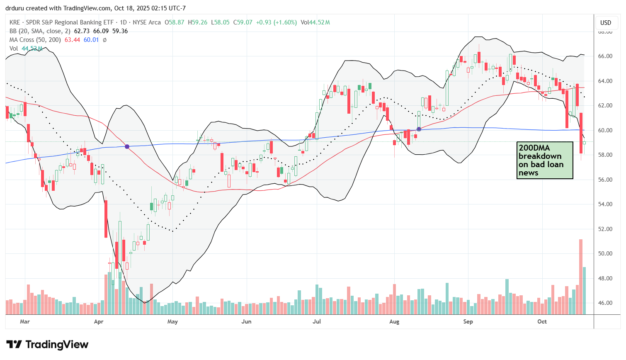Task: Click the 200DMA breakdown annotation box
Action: [x=545, y=161]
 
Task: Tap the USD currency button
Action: [x=606, y=22]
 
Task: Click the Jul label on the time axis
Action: [x=317, y=321]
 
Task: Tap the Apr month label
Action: [x=99, y=321]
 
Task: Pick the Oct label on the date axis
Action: [x=542, y=321]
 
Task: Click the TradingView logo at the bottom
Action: [x=47, y=345]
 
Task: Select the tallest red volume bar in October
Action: [x=581, y=277]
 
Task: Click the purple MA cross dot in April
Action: [x=127, y=147]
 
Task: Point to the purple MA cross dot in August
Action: [x=419, y=129]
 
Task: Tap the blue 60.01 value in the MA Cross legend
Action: [x=91, y=40]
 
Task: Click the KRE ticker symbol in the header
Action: [x=15, y=22]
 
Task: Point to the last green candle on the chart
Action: [x=584, y=143]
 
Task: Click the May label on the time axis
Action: [x=172, y=321]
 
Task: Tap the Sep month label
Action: [x=468, y=321]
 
